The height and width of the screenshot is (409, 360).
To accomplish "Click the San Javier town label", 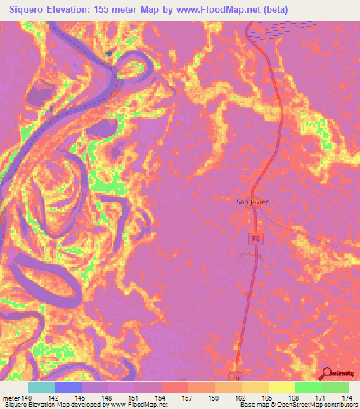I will (x=252, y=202).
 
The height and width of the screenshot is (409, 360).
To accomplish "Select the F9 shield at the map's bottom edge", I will (x=236, y=377).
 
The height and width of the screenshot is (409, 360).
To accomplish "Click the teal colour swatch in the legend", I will (x=41, y=387).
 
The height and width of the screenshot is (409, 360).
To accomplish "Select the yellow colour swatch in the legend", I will (x=281, y=387).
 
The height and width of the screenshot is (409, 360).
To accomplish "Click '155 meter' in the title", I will (x=129, y=10).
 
